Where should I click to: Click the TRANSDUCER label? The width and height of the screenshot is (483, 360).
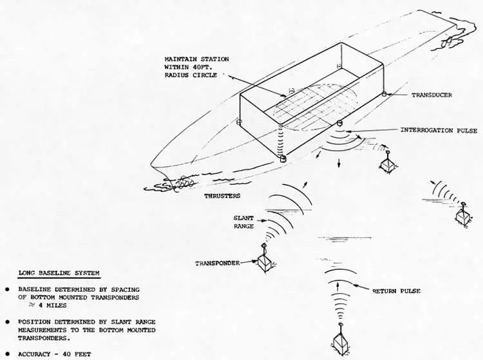(431, 95)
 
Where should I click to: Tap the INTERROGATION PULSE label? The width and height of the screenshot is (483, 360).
(439, 131)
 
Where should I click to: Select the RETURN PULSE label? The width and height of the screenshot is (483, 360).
(397, 291)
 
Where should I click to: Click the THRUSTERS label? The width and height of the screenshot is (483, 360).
(222, 196)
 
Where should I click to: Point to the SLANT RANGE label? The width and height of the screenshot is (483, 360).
(243, 222)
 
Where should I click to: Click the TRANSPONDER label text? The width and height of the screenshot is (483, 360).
(218, 263)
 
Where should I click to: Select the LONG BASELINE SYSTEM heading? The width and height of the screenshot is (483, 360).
(59, 273)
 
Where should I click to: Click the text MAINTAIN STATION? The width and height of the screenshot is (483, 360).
(197, 59)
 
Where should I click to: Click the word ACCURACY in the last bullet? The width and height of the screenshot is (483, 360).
(34, 354)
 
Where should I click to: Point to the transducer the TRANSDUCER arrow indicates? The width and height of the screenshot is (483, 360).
(384, 94)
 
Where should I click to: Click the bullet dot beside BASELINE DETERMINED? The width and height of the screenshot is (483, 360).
(7, 290)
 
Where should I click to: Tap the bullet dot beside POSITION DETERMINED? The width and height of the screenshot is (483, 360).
(7, 322)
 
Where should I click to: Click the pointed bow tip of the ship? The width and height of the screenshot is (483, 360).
(151, 164)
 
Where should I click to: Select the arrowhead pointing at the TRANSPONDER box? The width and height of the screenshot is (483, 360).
(255, 261)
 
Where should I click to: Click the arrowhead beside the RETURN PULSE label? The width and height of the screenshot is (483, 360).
(355, 285)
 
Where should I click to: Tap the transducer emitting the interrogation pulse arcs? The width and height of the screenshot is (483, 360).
(340, 124)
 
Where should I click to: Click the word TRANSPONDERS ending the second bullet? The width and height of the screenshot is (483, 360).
(44, 338)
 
